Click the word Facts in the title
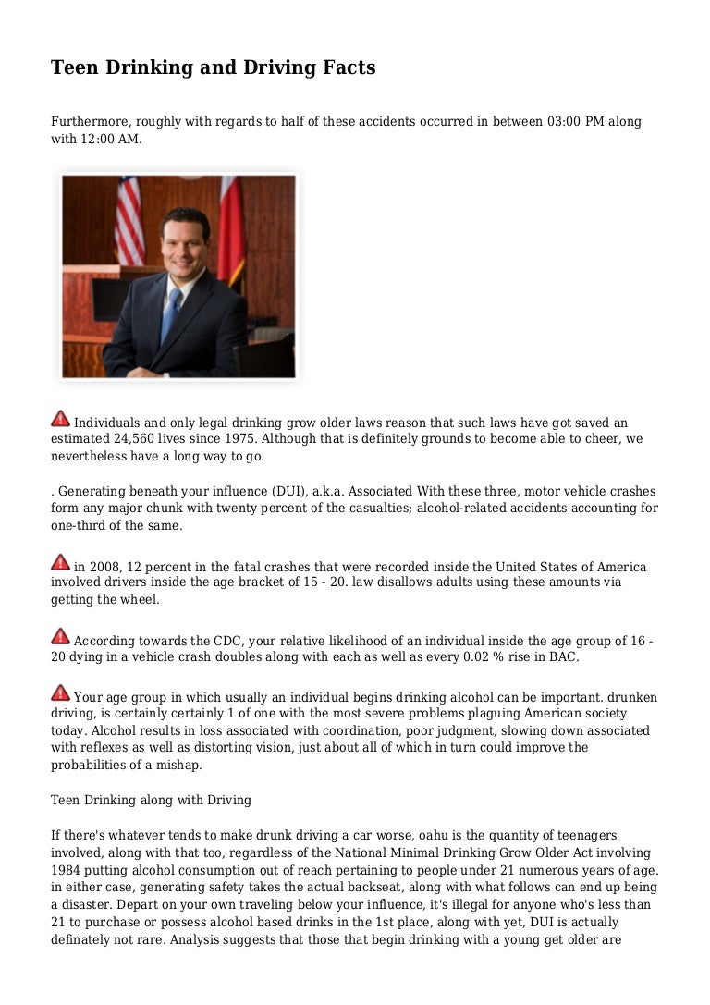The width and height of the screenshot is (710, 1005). (x=346, y=67)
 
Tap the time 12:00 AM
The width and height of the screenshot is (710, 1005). (x=114, y=139)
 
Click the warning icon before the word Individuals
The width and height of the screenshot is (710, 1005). (x=60, y=419)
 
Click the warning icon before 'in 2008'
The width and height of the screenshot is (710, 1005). (x=60, y=562)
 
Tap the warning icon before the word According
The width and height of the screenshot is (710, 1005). (x=60, y=636)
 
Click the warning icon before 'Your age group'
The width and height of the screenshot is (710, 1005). (x=60, y=692)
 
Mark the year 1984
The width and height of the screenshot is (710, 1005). (x=68, y=869)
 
